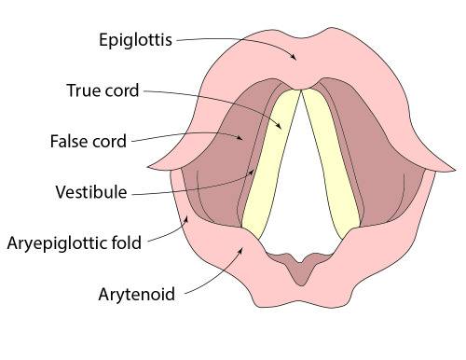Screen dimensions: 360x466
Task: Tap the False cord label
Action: pyautogui.click(x=89, y=143)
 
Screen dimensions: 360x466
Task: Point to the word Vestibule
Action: pyautogui.click(x=92, y=194)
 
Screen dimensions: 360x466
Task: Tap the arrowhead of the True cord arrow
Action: pyautogui.click(x=281, y=129)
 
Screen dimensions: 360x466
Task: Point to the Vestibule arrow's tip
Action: pyautogui.click(x=255, y=170)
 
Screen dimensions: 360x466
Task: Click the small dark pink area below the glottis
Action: pyautogui.click(x=300, y=270)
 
